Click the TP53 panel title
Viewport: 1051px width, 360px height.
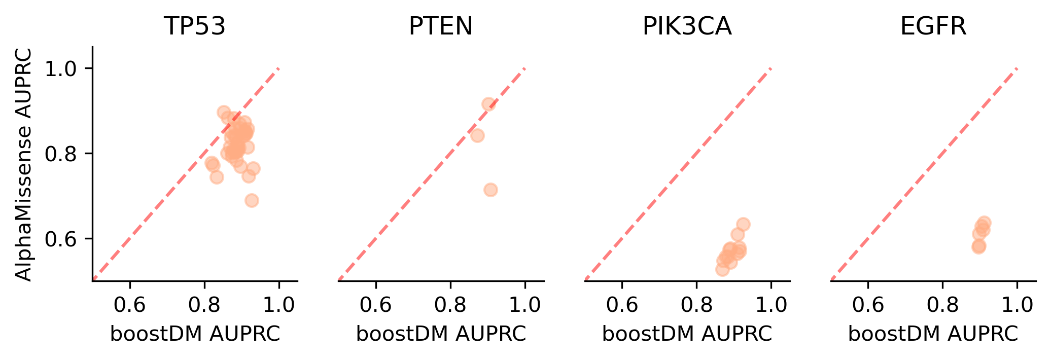point(194,26)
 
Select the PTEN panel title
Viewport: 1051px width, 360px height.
point(440,26)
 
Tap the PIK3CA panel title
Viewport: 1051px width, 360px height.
point(687,26)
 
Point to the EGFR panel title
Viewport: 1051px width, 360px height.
point(933,26)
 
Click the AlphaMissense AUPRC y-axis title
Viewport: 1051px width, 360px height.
point(23,164)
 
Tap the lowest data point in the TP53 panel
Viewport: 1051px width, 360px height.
point(252,200)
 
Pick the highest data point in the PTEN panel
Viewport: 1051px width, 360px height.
point(488,104)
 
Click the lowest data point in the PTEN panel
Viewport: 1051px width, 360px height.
point(491,190)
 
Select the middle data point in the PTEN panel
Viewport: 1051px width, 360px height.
point(477,135)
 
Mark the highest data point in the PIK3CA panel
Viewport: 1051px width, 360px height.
point(743,224)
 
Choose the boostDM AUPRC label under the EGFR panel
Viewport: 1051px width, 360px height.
point(933,334)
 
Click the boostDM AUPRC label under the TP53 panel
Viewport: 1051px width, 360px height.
point(195,334)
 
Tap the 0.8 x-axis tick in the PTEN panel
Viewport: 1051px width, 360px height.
point(450,305)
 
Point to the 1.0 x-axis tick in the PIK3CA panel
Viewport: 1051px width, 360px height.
point(771,305)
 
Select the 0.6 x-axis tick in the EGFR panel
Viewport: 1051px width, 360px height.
point(868,305)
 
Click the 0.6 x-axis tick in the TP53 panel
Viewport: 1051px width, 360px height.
point(129,305)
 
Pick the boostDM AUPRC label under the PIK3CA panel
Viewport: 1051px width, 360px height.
point(687,334)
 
